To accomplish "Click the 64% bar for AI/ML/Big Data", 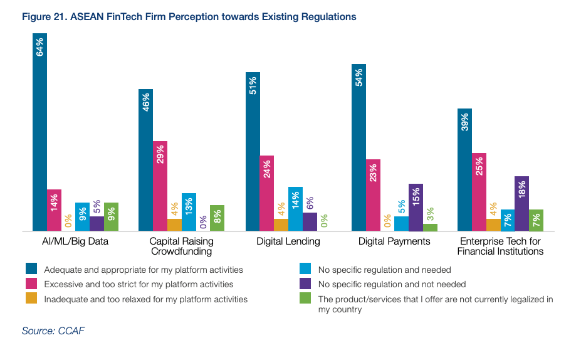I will click(40, 132).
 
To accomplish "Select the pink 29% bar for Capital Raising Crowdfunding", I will click(160, 186).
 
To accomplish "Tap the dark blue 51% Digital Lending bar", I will click(253, 151).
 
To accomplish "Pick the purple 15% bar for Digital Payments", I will click(416, 208).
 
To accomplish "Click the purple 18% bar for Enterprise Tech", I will click(521, 204).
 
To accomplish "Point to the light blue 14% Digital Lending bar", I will click(295, 209).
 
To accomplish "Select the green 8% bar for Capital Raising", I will click(217, 218).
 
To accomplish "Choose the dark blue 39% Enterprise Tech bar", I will click(464, 170).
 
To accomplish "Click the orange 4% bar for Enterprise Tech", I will click(493, 225).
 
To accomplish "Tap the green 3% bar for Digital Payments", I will click(430, 228).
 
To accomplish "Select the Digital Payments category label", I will click(394, 241).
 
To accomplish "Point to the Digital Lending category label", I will click(288, 241).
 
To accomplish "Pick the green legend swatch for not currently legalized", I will click(306, 299).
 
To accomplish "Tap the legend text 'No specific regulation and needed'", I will click(384, 270).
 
